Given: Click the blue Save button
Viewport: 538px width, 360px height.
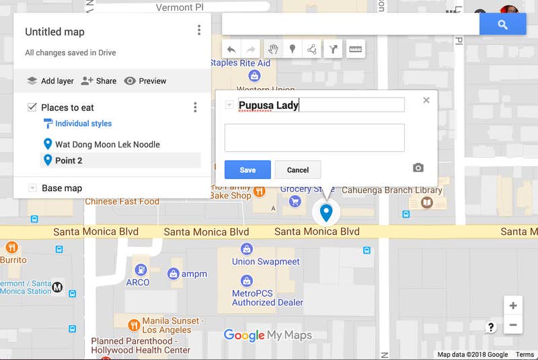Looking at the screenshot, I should click(247, 170).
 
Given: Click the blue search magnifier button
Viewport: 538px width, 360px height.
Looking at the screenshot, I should click(502, 24).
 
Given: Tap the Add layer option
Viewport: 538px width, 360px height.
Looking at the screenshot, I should click(50, 81).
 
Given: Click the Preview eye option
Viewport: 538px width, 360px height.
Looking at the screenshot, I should click(145, 81).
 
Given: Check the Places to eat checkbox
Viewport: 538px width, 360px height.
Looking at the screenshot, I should click(32, 108).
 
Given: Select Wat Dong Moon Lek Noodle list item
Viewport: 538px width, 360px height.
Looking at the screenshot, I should click(107, 144).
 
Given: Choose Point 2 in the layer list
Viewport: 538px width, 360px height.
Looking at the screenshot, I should click(69, 160).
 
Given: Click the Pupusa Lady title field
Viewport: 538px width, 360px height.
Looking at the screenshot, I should click(321, 105).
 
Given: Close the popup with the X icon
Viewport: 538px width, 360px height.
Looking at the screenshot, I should click(426, 100).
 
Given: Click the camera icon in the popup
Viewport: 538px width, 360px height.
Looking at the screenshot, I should click(418, 168).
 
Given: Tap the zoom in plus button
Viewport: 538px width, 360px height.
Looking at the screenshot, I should click(513, 305).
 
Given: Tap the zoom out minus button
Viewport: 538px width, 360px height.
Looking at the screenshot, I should click(513, 325).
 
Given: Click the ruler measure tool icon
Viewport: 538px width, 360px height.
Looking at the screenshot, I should click(356, 49).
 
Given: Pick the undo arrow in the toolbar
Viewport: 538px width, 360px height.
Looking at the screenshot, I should click(231, 49).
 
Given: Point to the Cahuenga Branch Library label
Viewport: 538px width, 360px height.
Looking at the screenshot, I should click(394, 190).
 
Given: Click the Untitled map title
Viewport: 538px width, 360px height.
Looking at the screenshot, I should click(54, 32).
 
